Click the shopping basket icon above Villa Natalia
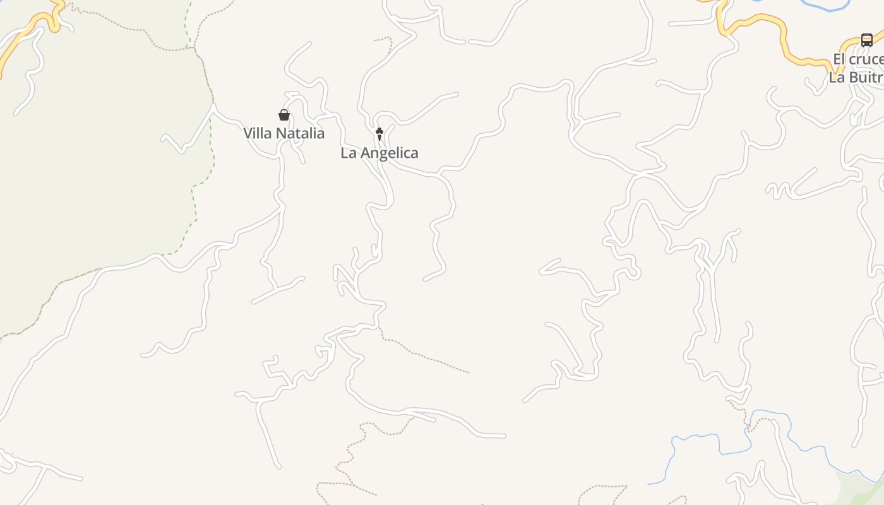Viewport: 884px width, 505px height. pos(284,115)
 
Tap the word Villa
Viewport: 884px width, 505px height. pos(258,133)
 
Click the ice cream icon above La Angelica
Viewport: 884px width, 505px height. pos(379,134)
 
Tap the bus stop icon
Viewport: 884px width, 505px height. pos(867,40)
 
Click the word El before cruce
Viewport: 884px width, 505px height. pos(839,59)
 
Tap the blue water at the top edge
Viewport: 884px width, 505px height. pos(824,7)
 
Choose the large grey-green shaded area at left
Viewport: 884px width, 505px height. pos(95,158)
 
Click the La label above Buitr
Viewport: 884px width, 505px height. pos(837,78)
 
